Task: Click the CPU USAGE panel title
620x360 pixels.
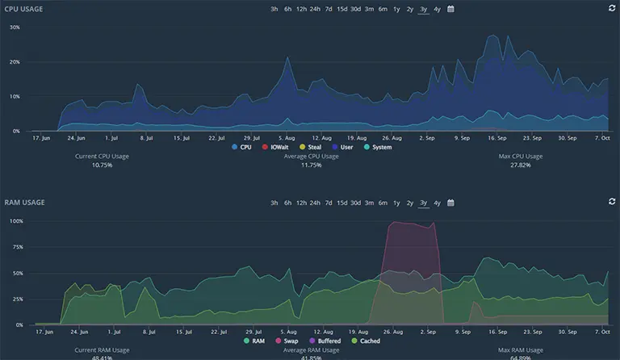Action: pyautogui.click(x=24, y=9)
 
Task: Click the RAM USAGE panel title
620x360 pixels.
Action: pyautogui.click(x=24, y=203)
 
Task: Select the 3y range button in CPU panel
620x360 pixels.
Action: pyautogui.click(x=423, y=9)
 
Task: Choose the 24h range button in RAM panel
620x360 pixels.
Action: pyautogui.click(x=315, y=203)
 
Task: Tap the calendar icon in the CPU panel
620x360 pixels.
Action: pyautogui.click(x=450, y=9)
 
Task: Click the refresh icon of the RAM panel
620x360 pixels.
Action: pyautogui.click(x=611, y=203)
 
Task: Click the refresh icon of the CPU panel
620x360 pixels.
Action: pyautogui.click(x=611, y=9)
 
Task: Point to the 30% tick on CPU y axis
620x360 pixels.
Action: pyautogui.click(x=15, y=27)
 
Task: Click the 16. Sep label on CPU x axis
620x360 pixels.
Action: pyautogui.click(x=496, y=137)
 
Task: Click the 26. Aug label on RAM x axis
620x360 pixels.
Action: pyautogui.click(x=392, y=331)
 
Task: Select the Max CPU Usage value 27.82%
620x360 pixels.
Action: pyautogui.click(x=520, y=165)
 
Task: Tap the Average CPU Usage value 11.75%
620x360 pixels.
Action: pyautogui.click(x=311, y=165)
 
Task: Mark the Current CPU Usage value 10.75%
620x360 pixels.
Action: pyautogui.click(x=102, y=165)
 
